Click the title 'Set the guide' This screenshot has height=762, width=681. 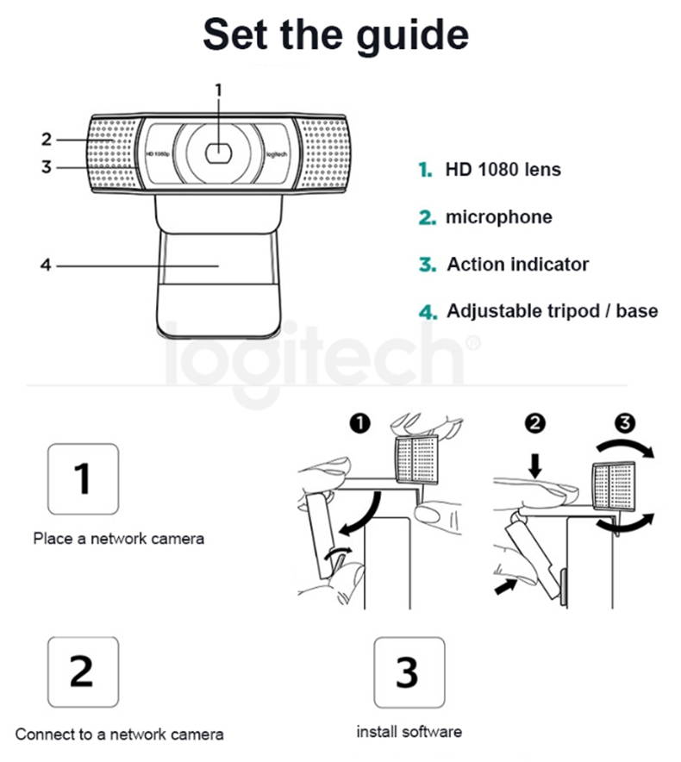click(x=336, y=35)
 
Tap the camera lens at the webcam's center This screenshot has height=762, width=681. click(x=219, y=152)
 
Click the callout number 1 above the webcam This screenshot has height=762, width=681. click(x=219, y=89)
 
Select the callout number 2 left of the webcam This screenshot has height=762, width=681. click(x=47, y=139)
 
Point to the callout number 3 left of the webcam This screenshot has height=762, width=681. click(x=47, y=167)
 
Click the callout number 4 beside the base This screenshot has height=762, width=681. click(x=47, y=265)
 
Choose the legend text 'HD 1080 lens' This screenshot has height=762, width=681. click(x=503, y=169)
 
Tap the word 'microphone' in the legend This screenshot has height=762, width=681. click(x=498, y=217)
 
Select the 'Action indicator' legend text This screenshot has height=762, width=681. click(x=517, y=264)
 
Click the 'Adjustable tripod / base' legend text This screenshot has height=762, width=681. click(x=552, y=311)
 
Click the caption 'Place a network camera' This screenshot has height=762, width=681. click(x=119, y=539)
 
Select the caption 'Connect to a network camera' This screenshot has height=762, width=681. click(x=119, y=734)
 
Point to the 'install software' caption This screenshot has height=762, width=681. click(x=409, y=732)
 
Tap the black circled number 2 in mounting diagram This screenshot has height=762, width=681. click(x=536, y=423)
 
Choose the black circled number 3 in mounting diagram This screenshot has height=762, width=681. click(x=625, y=423)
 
